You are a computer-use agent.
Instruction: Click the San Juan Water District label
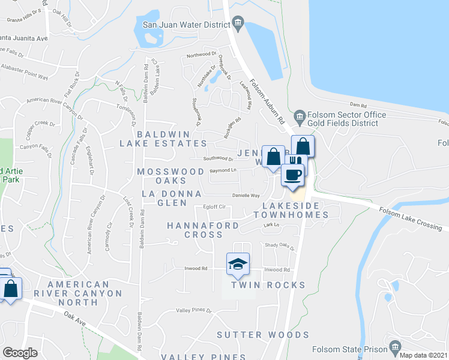click(186, 25)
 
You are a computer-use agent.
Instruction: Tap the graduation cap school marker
click(238, 265)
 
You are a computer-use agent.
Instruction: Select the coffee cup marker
click(292, 175)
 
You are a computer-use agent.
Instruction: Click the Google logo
click(20, 353)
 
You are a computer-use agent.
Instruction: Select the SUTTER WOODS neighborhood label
click(263, 335)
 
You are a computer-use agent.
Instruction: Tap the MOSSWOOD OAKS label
click(170, 176)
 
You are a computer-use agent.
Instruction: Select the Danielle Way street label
click(246, 196)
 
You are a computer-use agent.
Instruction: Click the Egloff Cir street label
click(214, 207)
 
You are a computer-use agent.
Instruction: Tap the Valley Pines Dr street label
click(194, 310)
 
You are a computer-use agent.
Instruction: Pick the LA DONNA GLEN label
click(164, 198)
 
